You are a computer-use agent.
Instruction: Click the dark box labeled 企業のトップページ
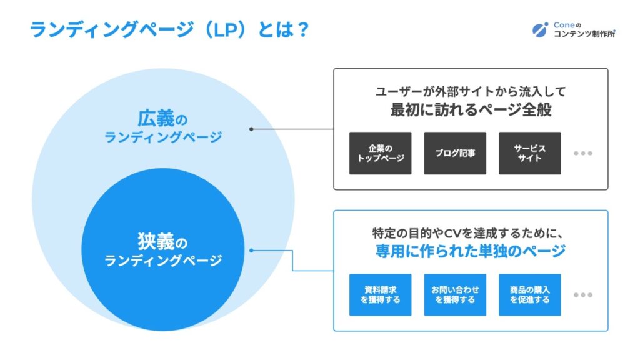(381, 153)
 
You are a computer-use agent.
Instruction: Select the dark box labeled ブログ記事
(455, 153)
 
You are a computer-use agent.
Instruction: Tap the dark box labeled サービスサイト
(530, 153)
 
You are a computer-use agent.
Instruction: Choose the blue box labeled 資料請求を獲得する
(381, 295)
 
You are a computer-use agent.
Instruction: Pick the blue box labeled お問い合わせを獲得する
(455, 295)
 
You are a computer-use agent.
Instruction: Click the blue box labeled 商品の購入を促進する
(530, 295)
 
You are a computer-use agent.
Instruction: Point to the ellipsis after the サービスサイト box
(583, 154)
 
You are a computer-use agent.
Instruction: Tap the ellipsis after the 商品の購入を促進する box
(583, 295)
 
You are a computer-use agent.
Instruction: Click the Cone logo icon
(541, 30)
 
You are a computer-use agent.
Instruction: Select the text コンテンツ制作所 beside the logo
(584, 34)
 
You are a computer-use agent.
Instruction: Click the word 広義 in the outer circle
(156, 118)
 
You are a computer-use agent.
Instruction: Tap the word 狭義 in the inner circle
(156, 241)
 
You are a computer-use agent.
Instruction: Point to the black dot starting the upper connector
(251, 129)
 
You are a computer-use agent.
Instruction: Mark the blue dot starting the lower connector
(251, 250)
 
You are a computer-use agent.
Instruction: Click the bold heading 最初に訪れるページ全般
(471, 109)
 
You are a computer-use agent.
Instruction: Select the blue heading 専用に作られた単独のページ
(471, 251)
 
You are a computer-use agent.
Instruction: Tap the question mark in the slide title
(302, 30)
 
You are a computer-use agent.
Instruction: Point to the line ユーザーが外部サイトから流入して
(471, 91)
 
